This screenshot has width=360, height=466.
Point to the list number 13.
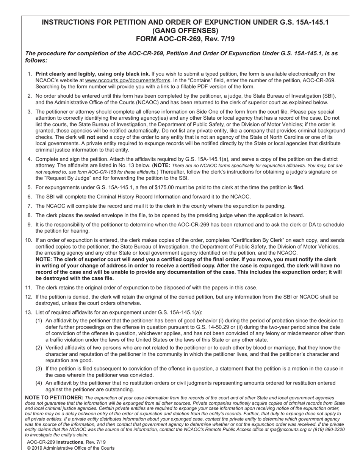click(x=28, y=312)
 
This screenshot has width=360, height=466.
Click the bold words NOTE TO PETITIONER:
click(x=54, y=397)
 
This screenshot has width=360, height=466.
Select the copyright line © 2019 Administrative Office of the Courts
click(x=70, y=448)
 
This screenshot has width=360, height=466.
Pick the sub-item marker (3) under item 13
click(x=39, y=368)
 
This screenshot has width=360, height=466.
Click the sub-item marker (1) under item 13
click(x=39, y=321)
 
